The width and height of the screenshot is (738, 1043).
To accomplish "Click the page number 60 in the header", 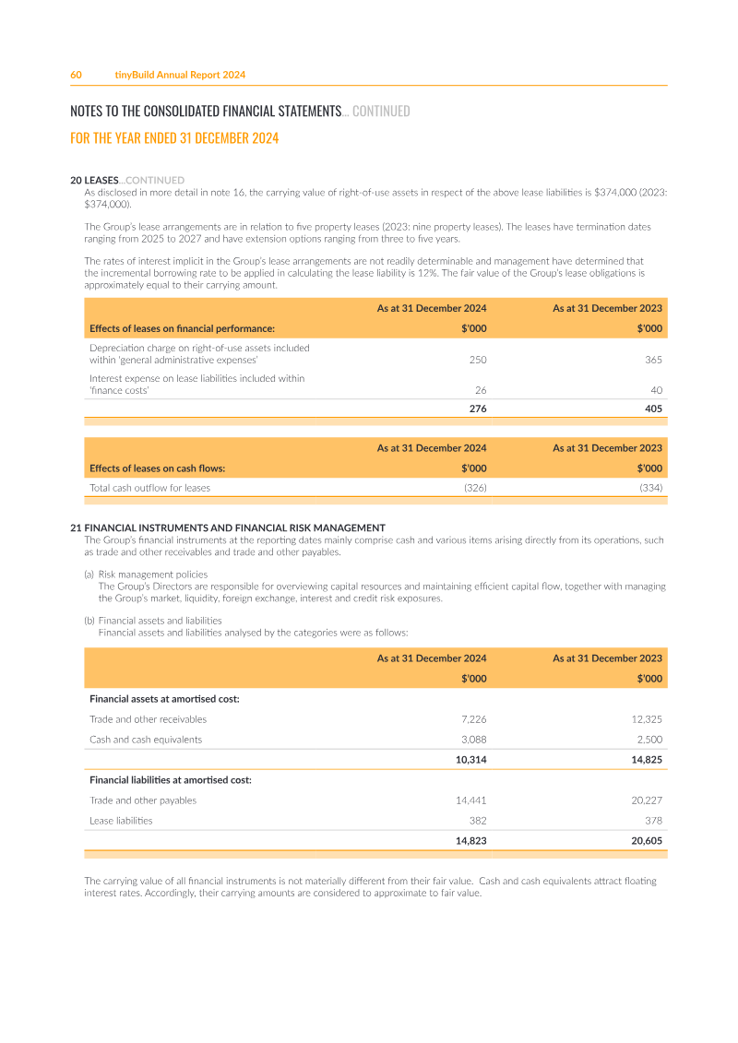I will (77, 75).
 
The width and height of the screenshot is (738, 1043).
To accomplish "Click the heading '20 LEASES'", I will (95, 180).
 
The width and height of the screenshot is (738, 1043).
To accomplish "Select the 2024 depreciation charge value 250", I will (478, 360).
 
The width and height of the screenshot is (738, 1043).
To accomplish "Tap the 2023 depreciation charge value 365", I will (653, 360).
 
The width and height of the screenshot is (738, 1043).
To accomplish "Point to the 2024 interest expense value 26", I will (481, 390).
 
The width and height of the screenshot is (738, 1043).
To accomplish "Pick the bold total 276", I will (478, 409).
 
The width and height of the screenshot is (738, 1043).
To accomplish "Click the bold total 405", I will (653, 409).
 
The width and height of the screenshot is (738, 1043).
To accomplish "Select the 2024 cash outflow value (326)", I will (475, 488).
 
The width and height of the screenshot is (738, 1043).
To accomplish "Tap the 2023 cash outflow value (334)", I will (650, 488).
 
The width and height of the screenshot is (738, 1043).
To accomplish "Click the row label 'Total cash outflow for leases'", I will (149, 488).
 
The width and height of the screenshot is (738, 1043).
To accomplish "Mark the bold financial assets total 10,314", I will (471, 760).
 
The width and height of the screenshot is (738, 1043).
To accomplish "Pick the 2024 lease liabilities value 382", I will (478, 821).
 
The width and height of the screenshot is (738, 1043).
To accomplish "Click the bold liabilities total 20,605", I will (645, 841).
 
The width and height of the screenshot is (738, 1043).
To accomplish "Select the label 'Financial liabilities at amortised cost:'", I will (171, 780).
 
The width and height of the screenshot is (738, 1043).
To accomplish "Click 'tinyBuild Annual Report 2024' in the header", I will (180, 75).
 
